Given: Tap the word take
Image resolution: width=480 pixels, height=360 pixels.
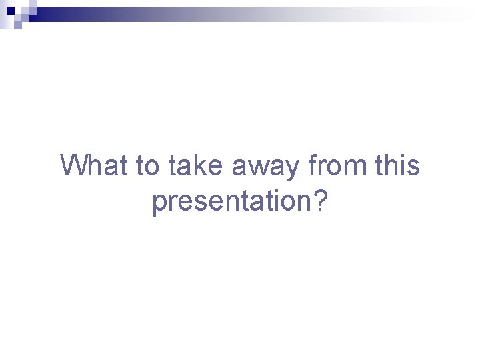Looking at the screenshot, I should tap(196, 165).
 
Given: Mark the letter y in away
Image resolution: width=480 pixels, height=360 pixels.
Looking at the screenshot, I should tap(294, 169).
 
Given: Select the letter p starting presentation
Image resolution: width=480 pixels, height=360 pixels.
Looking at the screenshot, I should tap(159, 203).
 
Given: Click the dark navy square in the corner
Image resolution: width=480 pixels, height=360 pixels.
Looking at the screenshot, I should tap(10, 11).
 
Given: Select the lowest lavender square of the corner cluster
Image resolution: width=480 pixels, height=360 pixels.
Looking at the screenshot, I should tap(17, 26).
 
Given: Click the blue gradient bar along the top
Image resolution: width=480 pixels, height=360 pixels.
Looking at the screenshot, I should tap(200, 14).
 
